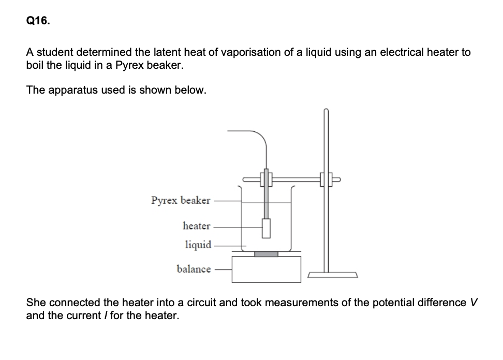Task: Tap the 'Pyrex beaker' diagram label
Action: click(x=181, y=200)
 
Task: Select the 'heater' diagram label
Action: click(x=197, y=226)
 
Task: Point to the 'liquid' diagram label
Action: click(x=198, y=245)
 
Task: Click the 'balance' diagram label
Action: click(x=194, y=269)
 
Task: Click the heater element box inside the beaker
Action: click(x=267, y=228)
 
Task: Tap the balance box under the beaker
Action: click(x=266, y=269)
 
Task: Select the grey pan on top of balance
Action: click(x=266, y=254)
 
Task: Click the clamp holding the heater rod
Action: click(x=267, y=180)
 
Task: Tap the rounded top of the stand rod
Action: click(x=326, y=111)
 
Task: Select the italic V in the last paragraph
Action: click(x=472, y=302)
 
